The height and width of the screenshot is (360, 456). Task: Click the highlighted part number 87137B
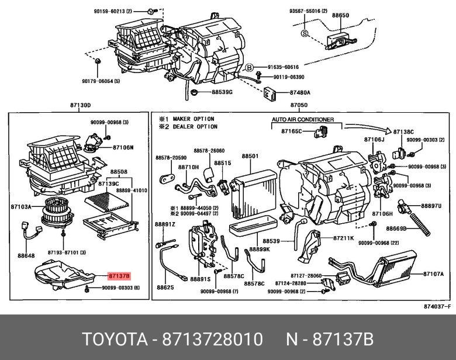119,275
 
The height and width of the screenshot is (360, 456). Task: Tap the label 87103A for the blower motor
20,207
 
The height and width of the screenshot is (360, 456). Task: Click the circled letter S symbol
304,33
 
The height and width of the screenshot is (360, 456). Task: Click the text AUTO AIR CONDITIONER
302,119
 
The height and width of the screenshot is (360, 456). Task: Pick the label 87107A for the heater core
433,274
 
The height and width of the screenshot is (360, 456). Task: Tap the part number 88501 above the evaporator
250,156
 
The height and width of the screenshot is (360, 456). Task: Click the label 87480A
299,92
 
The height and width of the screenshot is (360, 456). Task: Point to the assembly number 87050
299,105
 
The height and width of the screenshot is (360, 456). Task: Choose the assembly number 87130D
80,105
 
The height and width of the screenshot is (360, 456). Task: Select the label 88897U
431,206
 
